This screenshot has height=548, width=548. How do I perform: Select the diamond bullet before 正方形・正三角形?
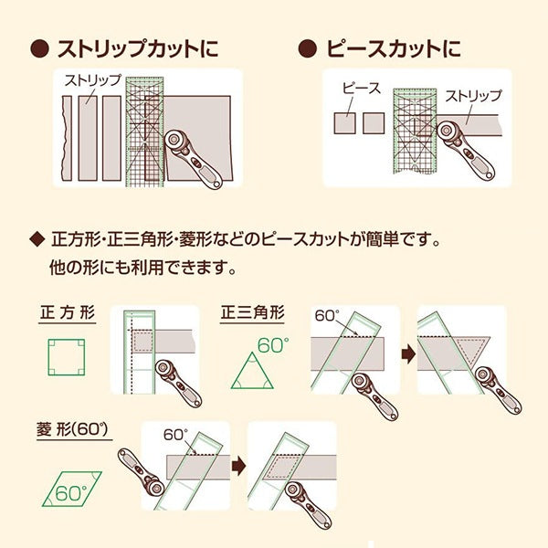pyautogui.click(x=37, y=243)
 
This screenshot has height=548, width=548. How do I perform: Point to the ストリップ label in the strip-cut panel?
pyautogui.click(x=92, y=80)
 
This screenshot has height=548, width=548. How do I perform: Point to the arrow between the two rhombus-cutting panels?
pyautogui.click(x=238, y=466)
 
